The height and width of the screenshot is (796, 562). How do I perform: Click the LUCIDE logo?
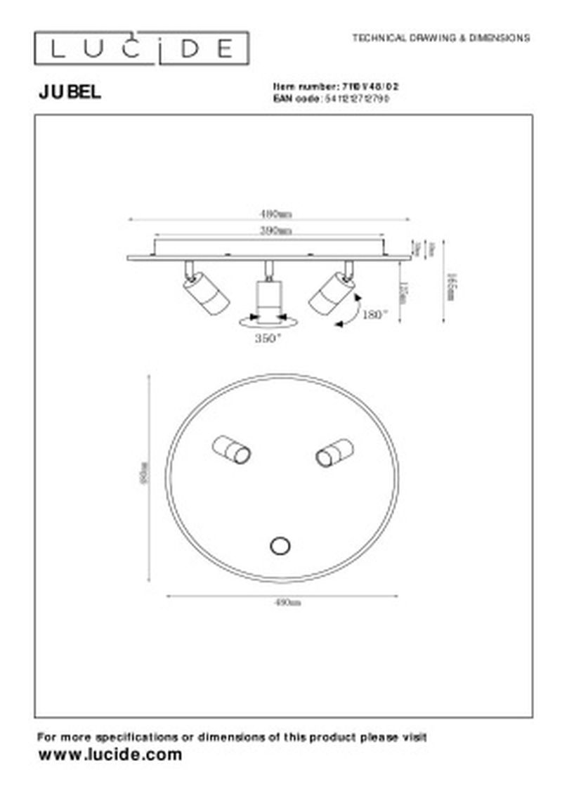(141, 48)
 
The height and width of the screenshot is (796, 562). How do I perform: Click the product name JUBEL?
(69, 92)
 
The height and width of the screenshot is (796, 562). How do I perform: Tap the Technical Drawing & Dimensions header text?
(440, 38)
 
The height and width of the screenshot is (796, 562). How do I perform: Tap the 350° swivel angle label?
(268, 338)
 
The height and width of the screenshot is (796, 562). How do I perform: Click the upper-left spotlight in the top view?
(232, 449)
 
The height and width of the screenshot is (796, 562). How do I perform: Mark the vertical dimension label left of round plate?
(143, 477)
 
